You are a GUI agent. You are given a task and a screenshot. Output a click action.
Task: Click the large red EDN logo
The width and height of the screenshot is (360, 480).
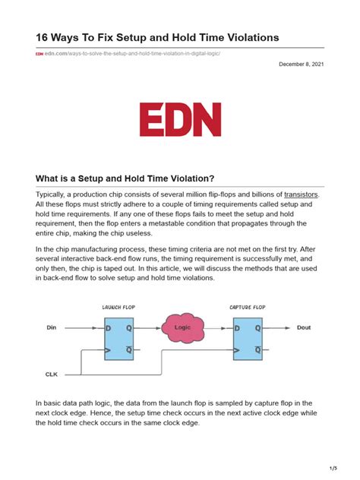180,119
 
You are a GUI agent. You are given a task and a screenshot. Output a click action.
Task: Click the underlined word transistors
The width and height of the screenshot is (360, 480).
301,195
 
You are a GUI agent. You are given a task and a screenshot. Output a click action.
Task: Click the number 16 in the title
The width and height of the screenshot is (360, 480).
43,37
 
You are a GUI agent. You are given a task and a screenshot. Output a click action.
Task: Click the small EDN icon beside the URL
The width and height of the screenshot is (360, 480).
39,54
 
